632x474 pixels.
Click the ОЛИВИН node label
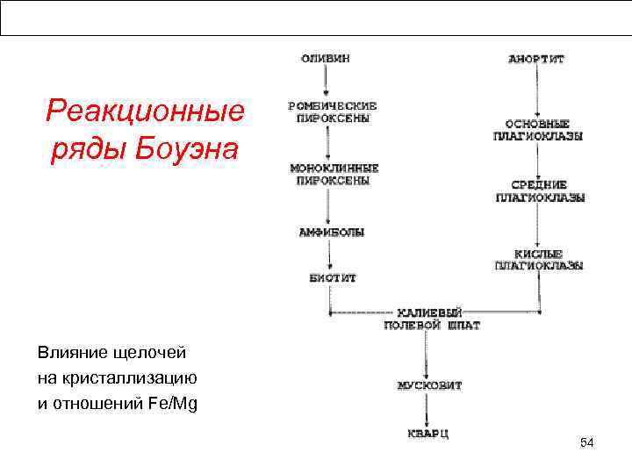326,58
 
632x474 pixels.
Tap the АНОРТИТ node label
536,59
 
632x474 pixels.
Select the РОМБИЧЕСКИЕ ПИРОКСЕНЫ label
329,111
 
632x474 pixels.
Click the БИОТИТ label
332,277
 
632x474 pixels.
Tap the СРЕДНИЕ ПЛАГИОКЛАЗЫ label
540,191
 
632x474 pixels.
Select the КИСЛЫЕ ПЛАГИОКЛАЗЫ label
538,259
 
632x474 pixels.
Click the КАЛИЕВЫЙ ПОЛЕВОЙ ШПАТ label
432,318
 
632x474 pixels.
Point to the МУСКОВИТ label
429,384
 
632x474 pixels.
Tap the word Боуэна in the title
187,149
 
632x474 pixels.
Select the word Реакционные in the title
144,111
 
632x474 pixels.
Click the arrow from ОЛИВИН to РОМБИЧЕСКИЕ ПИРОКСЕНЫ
326,81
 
